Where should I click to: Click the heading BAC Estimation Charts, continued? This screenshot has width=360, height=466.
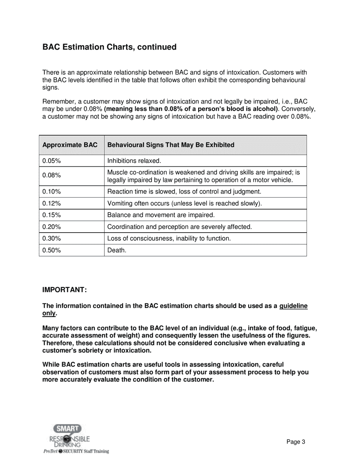109,47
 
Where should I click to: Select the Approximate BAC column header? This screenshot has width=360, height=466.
70,145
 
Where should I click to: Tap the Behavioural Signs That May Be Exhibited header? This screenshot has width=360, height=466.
171,145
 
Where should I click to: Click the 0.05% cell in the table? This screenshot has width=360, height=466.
52,161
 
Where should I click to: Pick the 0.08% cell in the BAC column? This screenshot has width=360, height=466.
52,175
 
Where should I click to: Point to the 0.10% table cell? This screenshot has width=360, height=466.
52,192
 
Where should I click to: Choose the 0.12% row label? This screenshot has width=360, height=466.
52,203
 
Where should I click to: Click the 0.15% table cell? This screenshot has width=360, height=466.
52,215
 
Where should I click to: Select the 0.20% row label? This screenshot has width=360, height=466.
52,227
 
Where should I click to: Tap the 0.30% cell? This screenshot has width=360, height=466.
52,239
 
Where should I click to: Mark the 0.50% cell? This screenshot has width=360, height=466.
52,250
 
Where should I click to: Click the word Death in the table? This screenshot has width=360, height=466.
117,250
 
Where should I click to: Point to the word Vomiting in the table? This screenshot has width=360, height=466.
120,203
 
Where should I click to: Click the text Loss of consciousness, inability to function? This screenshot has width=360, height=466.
169,239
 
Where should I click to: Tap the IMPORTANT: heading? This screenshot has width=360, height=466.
64,290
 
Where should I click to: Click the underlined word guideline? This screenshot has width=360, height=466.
293,306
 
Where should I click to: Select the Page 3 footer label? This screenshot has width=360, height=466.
296,442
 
